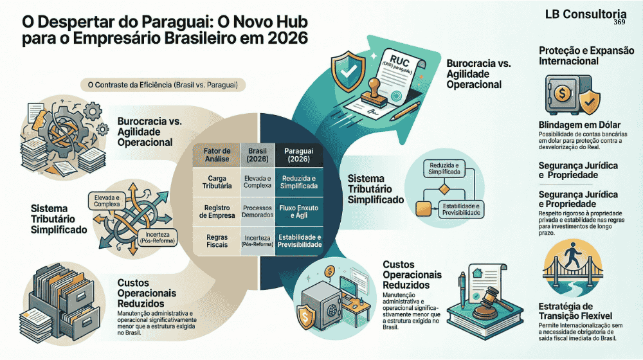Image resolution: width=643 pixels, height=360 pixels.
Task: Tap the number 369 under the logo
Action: coord(619,22)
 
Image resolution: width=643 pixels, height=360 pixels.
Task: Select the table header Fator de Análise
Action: coord(215,156)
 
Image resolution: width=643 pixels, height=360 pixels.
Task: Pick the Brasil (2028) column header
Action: coord(257,156)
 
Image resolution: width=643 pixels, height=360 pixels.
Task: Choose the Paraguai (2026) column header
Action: coord(298,156)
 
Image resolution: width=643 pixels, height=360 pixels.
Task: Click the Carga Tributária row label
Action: coord(215,182)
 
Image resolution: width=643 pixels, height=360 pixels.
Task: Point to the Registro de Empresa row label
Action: coord(215,212)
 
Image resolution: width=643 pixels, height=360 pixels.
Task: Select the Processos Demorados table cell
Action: coord(257,212)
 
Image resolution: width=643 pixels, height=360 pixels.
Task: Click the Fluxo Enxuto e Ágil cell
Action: coord(298,212)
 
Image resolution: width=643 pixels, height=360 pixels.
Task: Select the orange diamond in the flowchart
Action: coord(444,189)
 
